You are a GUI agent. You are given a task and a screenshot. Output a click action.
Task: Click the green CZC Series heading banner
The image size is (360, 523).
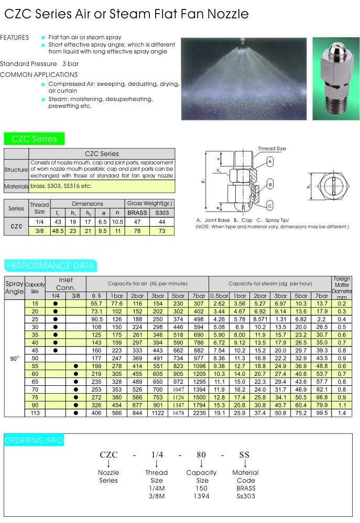pyautogui.click(x=34, y=139)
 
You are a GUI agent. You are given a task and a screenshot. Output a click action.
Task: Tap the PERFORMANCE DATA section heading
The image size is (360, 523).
pyautogui.click(x=51, y=265)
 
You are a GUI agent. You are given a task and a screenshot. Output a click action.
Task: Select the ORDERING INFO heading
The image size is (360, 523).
pyautogui.click(x=34, y=440)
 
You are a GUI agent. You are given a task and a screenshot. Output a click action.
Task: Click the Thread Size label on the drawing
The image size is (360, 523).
pyautogui.click(x=272, y=149)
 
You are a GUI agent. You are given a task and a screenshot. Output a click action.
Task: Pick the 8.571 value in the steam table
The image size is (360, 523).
pyautogui.click(x=260, y=319)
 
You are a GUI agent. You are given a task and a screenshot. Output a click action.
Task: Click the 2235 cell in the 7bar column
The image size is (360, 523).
pyautogui.click(x=199, y=413)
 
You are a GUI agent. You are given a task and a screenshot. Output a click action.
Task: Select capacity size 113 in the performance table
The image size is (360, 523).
pyautogui.click(x=35, y=413)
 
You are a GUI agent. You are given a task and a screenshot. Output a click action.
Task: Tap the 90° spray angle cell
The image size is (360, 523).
pyautogui.click(x=14, y=359)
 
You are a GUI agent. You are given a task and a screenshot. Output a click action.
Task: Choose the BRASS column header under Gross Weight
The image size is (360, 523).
pyautogui.click(x=137, y=213)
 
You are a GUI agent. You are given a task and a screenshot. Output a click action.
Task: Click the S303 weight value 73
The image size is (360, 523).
pyautogui.click(x=162, y=231)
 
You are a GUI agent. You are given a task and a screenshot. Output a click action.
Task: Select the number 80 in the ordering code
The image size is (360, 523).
pyautogui.click(x=201, y=455)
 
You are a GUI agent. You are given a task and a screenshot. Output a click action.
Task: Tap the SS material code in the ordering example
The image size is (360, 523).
pyautogui.click(x=244, y=455)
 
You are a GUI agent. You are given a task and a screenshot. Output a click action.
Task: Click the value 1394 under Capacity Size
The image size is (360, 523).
pyautogui.click(x=201, y=495)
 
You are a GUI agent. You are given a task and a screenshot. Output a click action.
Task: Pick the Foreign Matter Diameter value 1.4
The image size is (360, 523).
pyautogui.click(x=342, y=413)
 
